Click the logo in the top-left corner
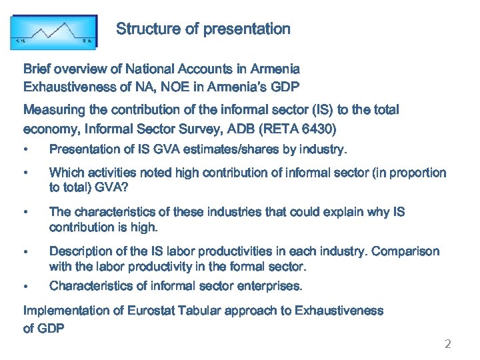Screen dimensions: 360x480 [x=53, y=32]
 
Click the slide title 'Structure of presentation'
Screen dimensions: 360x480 [x=203, y=29]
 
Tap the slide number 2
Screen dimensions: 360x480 [x=448, y=344]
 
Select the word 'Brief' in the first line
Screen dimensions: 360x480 [x=37, y=69]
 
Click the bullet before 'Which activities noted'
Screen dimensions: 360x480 [x=25, y=173]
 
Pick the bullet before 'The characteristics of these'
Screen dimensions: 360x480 [x=25, y=213]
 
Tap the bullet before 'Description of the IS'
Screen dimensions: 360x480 [x=25, y=252]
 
